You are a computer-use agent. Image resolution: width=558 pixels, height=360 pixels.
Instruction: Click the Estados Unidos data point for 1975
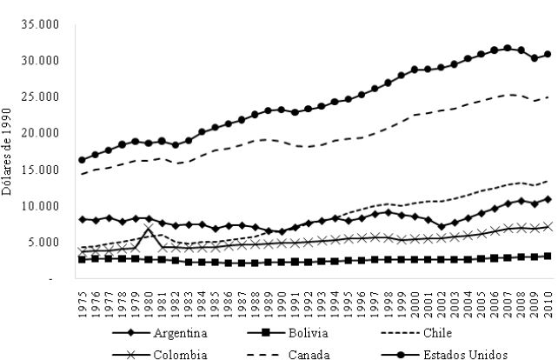[83, 160]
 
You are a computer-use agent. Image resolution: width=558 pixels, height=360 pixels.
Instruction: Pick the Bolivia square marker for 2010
[548, 256]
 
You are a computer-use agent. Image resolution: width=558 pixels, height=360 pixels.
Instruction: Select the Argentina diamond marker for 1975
[83, 219]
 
